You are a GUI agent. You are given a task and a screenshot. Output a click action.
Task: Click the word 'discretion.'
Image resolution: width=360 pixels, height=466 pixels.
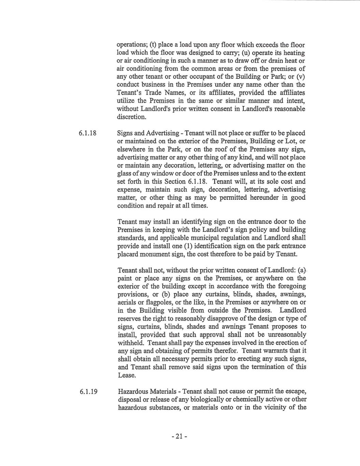coord(132,117)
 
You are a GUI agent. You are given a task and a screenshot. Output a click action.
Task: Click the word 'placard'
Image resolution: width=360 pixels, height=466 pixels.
coord(127,254)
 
